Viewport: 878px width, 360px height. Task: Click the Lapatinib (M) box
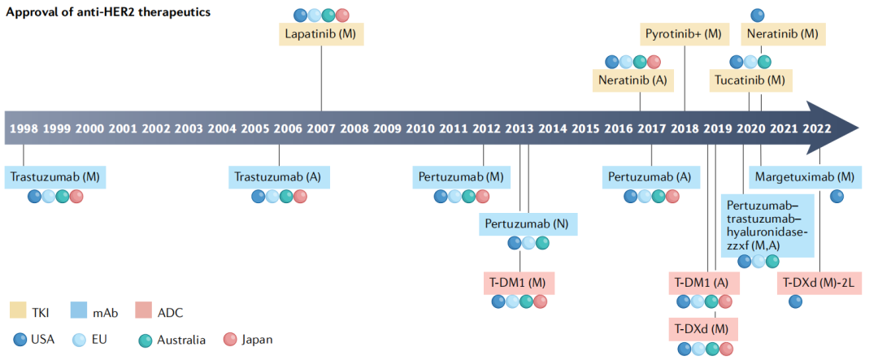pyautogui.click(x=321, y=35)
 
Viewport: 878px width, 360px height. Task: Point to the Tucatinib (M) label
pyautogui.click(x=750, y=80)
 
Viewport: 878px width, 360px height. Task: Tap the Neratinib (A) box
pyautogui.click(x=633, y=80)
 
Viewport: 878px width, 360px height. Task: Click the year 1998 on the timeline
pyautogui.click(x=24, y=128)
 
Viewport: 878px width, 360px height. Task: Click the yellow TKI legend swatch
pyautogui.click(x=18, y=311)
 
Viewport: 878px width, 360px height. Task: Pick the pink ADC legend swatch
pyautogui.click(x=143, y=311)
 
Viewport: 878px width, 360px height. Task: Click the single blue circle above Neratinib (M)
pyautogui.click(x=758, y=15)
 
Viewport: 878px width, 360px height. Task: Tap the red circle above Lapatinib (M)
pyautogui.click(x=343, y=15)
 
